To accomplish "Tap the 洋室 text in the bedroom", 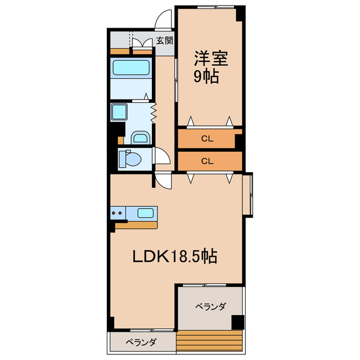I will coord(206,58).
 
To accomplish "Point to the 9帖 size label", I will coord(206,77).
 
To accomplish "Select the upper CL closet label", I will coord(207,138).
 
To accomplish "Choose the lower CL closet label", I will coord(207,161).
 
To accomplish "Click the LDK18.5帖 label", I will coord(175,256).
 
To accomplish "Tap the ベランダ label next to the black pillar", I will coord(210,307).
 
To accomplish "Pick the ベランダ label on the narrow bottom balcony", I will coord(141,342).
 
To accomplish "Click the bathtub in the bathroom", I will coord(130,68).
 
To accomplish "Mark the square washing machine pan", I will coord(120,111).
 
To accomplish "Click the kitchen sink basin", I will coord(146,213).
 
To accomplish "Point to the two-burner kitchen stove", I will coord(118,213).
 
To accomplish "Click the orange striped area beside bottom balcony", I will coord(209,341).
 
